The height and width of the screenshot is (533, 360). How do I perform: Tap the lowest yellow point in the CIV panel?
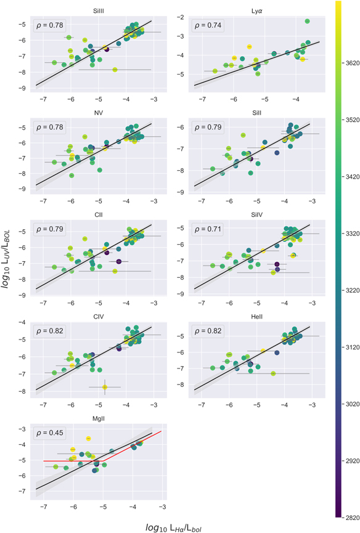click(x=105, y=387)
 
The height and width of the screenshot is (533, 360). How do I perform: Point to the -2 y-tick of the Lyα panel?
click(x=184, y=18)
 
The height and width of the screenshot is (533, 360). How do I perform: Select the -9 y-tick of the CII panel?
click(x=25, y=295)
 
